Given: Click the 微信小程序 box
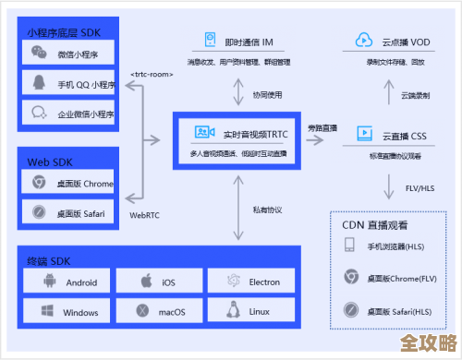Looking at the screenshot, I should [69, 54].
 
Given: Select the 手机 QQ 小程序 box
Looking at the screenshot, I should [69, 85].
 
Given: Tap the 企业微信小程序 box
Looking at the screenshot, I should [69, 114].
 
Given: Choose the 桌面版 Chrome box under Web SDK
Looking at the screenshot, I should [69, 183].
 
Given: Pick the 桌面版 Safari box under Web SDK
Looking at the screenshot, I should [69, 212].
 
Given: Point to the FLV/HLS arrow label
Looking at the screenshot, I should [420, 188].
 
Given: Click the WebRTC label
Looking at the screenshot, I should [143, 214].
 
